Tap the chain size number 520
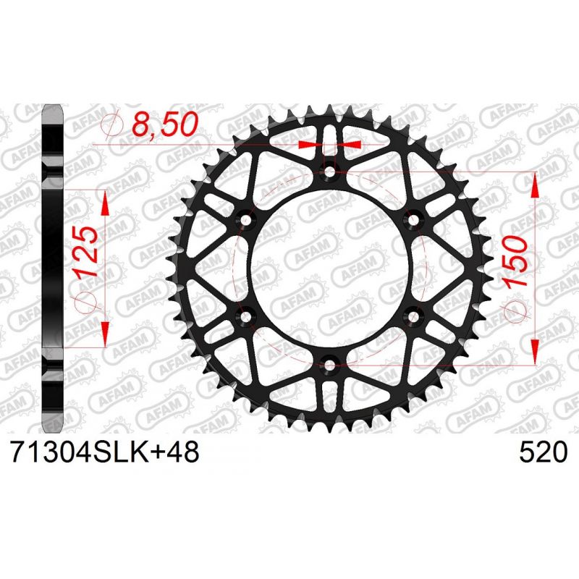point(542,454)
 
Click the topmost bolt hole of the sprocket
point(330,172)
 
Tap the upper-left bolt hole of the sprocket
point(246,219)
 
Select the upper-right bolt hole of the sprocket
point(414,219)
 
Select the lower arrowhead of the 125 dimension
point(106,333)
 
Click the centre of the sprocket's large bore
point(330,268)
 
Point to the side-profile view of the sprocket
point(55,268)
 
